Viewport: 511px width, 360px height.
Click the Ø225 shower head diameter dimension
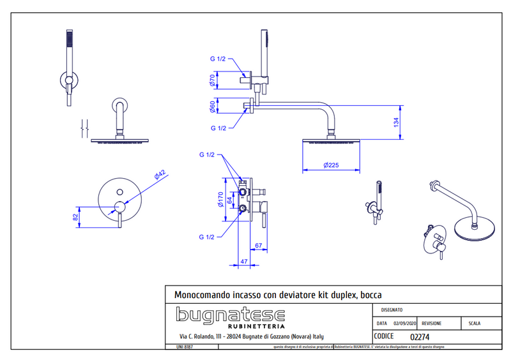(331, 165)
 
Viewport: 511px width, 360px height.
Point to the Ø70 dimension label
(211, 80)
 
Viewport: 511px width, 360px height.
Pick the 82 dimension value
(75, 216)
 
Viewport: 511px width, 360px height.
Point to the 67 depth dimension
(259, 245)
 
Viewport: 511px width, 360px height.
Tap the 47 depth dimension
(243, 260)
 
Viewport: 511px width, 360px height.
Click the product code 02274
(419, 337)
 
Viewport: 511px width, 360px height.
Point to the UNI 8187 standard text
(184, 347)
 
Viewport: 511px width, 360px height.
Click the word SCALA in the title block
(475, 324)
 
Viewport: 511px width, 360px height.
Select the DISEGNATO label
(392, 310)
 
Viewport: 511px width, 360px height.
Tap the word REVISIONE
(436, 324)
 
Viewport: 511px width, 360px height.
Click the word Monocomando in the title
(202, 295)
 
